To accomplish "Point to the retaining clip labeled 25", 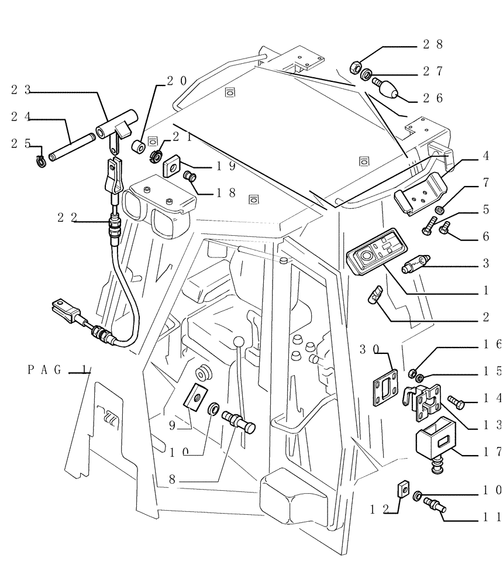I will tap(40, 159).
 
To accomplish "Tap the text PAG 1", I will tap(58, 369).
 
